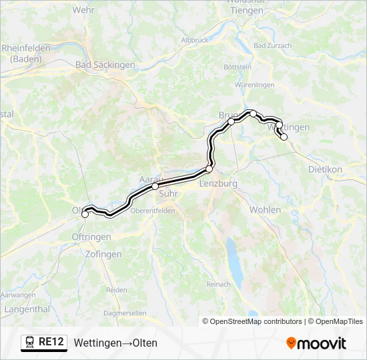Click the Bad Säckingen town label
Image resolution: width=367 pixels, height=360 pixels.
[105, 65]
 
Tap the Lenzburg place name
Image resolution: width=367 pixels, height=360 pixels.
[218, 183]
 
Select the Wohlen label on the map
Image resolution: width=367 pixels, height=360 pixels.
[265, 209]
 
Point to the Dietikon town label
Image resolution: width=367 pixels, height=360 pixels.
[325, 169]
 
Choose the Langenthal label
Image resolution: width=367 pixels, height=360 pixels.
[27, 309]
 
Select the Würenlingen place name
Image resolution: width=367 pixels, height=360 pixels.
[255, 85]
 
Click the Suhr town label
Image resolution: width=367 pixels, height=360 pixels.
[169, 193]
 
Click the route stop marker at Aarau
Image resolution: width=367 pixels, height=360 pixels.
[155, 187]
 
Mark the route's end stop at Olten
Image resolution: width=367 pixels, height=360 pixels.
[85, 214]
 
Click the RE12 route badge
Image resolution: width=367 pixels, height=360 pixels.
[44, 343]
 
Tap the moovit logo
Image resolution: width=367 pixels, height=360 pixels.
[316, 343]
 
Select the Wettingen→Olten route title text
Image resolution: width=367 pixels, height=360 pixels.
[116, 343]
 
